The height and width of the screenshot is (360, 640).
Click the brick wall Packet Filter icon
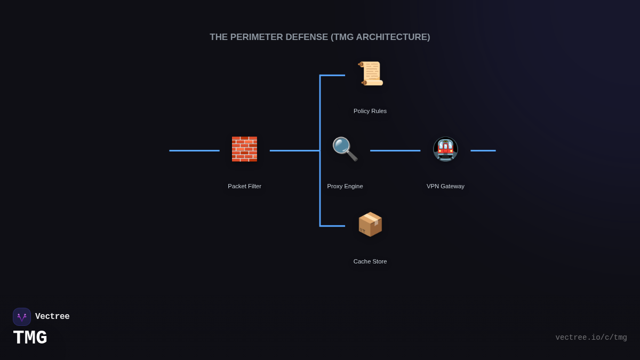[244, 149]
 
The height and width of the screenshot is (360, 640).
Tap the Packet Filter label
[244, 186]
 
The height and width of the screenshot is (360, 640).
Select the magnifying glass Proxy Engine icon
[345, 149]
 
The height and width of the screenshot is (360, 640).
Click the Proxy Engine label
[345, 186]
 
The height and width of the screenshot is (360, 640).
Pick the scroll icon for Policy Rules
[371, 74]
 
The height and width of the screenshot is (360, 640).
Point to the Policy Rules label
[370, 111]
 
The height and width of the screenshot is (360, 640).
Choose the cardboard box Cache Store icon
[370, 224]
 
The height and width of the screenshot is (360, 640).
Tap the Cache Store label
[370, 261]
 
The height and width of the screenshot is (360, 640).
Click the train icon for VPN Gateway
[445, 149]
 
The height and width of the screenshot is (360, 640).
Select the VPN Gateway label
[445, 186]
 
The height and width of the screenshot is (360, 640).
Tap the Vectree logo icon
[22, 317]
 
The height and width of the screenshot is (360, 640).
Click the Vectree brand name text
[52, 317]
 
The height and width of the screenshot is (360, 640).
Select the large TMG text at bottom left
[30, 338]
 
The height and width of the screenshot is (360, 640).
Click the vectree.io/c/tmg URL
[591, 338]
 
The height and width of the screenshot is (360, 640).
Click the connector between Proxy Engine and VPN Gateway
[395, 150]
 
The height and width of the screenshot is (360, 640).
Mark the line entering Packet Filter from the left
[194, 150]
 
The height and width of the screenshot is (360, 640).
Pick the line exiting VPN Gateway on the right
[483, 150]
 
